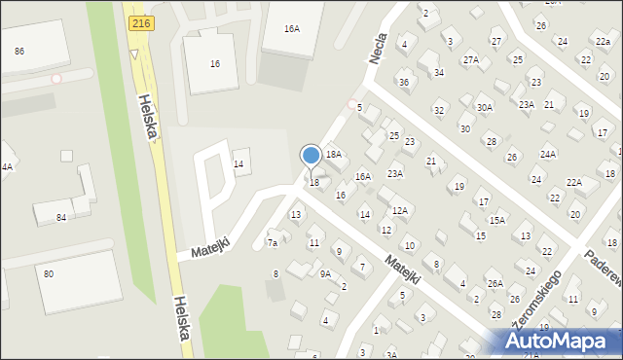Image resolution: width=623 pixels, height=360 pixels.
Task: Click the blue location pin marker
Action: [x=311, y=156]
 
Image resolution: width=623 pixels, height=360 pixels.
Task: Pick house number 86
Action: [x=19, y=50]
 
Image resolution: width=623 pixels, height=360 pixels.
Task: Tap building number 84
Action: [x=61, y=217]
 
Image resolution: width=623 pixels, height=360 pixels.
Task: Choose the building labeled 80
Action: [x=48, y=273]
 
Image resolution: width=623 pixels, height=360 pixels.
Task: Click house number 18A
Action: [x=334, y=154]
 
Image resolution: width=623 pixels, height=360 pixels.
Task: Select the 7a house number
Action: [x=274, y=242]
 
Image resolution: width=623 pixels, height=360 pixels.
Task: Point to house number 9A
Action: [x=326, y=273]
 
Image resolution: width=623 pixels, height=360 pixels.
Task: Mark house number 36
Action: [x=404, y=82]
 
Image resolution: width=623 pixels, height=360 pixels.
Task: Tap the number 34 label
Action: [x=439, y=72]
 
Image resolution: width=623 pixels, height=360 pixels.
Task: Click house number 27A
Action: [x=471, y=59]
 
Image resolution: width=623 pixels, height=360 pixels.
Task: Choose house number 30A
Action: [x=484, y=106]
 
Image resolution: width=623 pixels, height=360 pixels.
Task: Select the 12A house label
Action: [x=399, y=210]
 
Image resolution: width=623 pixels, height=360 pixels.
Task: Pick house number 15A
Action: [x=497, y=220]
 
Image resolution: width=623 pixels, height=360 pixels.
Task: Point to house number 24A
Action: [x=548, y=154]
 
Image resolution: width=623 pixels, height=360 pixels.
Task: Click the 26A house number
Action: [x=495, y=283]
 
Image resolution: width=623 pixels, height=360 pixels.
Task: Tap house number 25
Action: [x=394, y=135]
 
